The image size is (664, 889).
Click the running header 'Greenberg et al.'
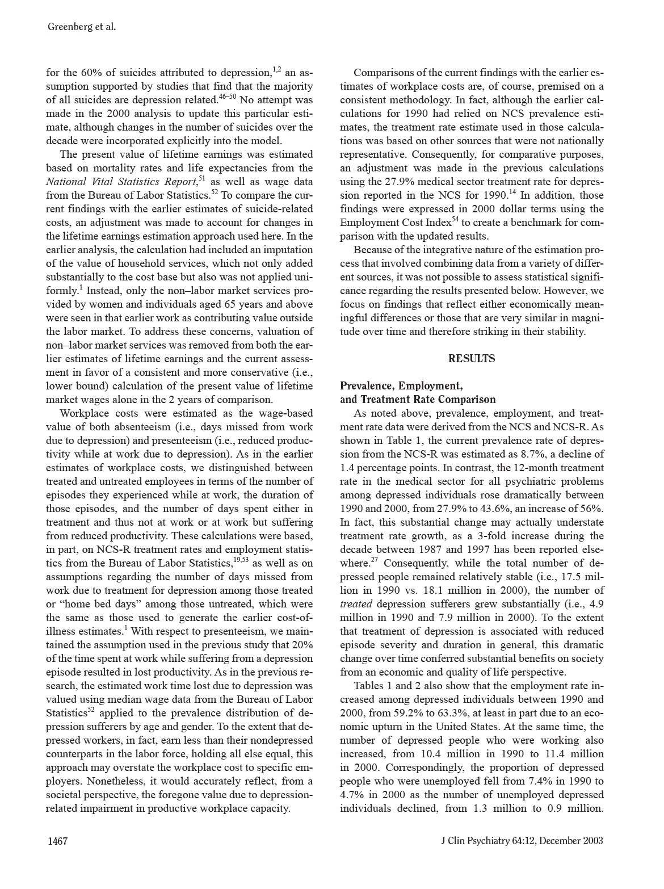82,27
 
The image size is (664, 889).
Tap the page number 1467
57,841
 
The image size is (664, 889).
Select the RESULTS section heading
472,358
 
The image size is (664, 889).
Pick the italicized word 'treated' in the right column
356,604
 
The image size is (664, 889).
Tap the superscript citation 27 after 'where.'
375,560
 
